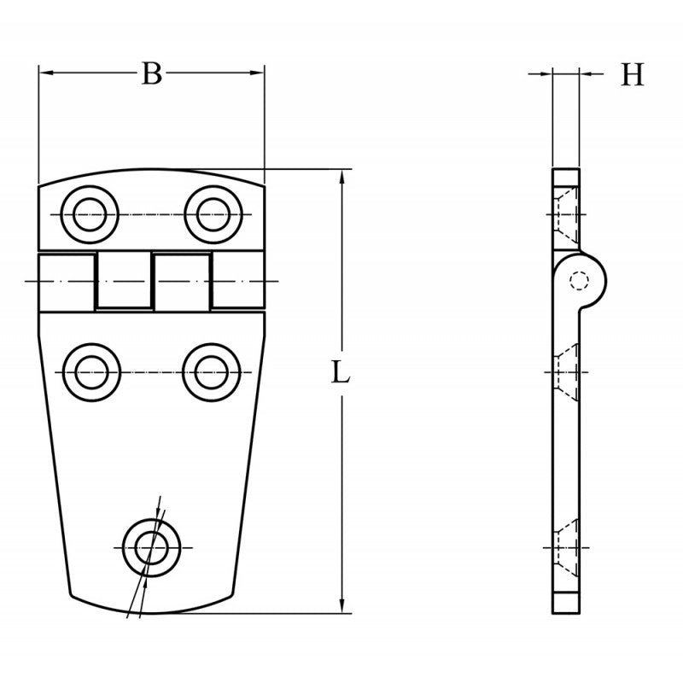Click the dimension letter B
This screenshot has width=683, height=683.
coord(151,74)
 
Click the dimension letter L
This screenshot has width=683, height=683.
coord(341,373)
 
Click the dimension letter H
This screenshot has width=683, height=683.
coord(632,76)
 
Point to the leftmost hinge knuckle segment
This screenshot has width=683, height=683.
coord(67,280)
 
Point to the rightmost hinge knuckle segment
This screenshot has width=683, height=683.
coord(237,280)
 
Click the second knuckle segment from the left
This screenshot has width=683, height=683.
coord(124,280)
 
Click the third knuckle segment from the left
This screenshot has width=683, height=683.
coord(181,280)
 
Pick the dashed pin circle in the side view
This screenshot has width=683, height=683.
coord(581,280)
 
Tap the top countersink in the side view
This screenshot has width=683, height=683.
coord(564,213)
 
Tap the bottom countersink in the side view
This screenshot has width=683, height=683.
coord(564,546)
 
